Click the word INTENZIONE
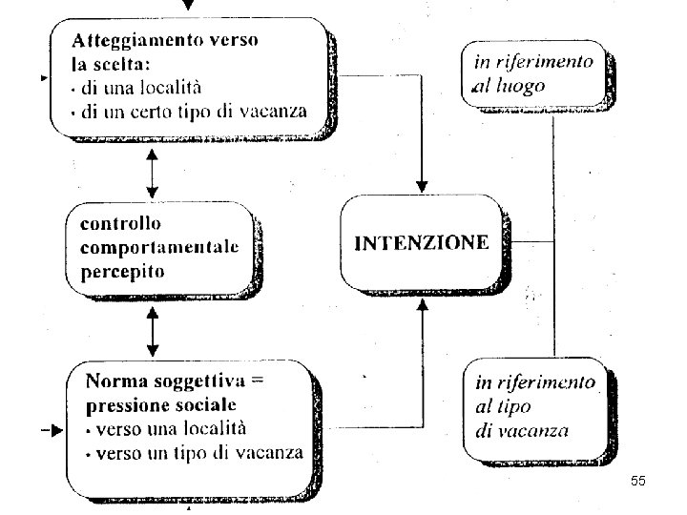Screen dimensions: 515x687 coord(421,242)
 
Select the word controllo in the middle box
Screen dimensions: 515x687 coord(121,225)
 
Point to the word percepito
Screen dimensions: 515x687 coord(122,271)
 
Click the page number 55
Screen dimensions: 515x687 coord(638,483)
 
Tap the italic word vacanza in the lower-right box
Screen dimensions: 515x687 coord(536,429)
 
